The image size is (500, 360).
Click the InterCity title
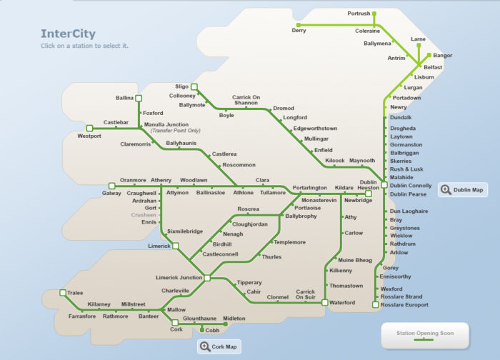(68, 34)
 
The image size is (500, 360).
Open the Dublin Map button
(463, 189)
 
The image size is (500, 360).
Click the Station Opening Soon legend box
(424, 334)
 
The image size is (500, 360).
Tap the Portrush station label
(359, 14)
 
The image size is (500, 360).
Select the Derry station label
(300, 31)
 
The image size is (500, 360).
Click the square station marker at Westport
(90, 128)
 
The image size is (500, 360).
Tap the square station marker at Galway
(111, 185)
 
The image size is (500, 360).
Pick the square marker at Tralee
(61, 293)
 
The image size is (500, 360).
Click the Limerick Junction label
(179, 277)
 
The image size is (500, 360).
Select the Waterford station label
(342, 303)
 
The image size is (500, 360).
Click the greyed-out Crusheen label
(144, 215)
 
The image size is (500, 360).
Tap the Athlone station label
(243, 193)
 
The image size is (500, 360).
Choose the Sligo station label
(181, 86)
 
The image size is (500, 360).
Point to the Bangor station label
(443, 55)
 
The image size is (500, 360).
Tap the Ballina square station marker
(139, 98)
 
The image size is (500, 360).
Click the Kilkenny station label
(340, 271)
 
